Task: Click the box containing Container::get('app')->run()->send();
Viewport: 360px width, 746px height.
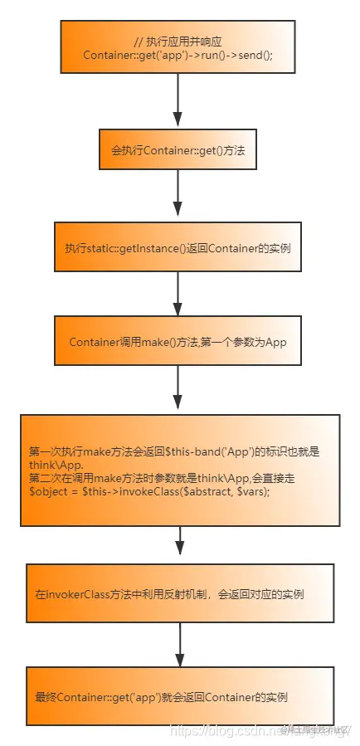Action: pyautogui.click(x=178, y=47)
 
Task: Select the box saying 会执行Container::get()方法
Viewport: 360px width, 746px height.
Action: pyautogui.click(x=178, y=151)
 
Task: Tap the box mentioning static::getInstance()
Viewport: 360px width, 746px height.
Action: pyautogui.click(x=178, y=247)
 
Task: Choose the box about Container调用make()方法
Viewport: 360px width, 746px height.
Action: pyautogui.click(x=178, y=341)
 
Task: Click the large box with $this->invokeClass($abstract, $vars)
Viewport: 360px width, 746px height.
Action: pyautogui.click(x=180, y=470)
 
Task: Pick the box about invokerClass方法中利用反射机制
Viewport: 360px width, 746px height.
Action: pyautogui.click(x=180, y=593)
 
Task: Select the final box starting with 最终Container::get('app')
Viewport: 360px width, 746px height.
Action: pyautogui.click(x=180, y=696)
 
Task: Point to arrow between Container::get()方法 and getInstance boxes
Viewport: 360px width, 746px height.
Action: pyautogui.click(x=178, y=197)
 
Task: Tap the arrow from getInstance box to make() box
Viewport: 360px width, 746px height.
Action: pyautogui.click(x=178, y=292)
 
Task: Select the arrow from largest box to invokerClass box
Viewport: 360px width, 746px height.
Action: pyautogui.click(x=180, y=544)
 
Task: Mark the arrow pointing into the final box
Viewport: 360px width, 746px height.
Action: pyautogui.click(x=180, y=644)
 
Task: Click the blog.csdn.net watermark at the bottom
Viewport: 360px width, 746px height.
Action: pyautogui.click(x=249, y=730)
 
